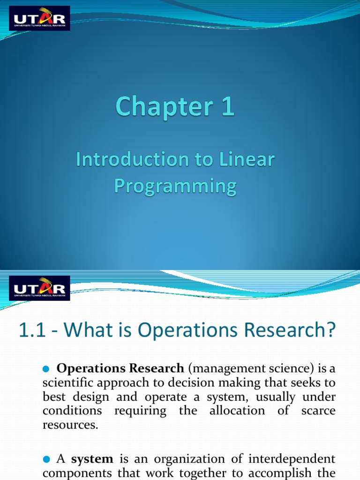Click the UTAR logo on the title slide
click(x=39, y=18)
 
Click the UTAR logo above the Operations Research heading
click(x=39, y=288)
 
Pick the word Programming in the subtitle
click(x=175, y=186)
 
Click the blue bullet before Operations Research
click(x=46, y=369)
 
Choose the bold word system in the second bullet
click(x=92, y=459)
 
